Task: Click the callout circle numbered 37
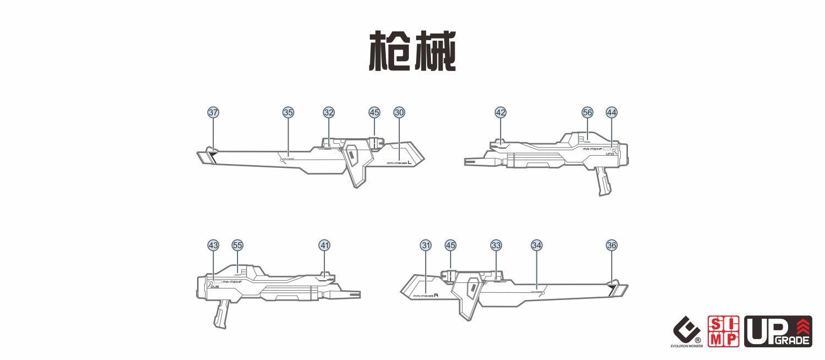[213, 112]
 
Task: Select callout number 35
[288, 112]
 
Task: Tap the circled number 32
[329, 112]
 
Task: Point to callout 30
[399, 112]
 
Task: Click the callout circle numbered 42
[500, 112]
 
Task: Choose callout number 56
[587, 112]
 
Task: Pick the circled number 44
[611, 112]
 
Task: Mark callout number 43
[213, 245]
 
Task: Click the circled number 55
[237, 245]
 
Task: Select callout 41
[324, 245]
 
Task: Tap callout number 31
[425, 245]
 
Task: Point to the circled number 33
[496, 245]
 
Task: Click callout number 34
[537, 245]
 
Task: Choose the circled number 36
[611, 245]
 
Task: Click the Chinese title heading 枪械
[412, 51]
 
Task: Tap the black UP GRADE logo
[778, 331]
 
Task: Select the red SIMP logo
[723, 331]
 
